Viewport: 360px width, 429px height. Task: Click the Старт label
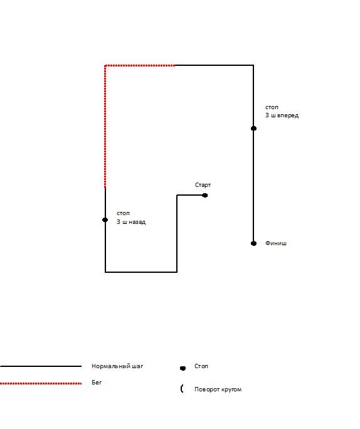coord(203,185)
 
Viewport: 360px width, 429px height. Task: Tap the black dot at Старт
coord(204,195)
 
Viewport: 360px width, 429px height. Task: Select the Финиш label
coord(276,243)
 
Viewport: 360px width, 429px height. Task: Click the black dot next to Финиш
coord(253,243)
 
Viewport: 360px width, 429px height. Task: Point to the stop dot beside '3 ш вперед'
coord(253,129)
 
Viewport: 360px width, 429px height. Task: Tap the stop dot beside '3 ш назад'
coord(105,220)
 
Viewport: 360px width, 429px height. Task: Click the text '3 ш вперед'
coord(282,115)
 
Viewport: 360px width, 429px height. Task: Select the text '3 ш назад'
coord(131,222)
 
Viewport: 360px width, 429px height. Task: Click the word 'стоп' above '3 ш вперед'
coord(272,107)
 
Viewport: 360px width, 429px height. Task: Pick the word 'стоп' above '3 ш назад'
coord(123,213)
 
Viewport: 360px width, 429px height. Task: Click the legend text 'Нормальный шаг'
coord(117,366)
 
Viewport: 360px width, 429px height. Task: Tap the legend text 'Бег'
coord(97,382)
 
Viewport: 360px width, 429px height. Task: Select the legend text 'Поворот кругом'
coord(218,389)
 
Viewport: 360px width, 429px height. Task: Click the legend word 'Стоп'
coord(201,366)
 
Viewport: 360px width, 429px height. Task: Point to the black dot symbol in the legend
coord(183,368)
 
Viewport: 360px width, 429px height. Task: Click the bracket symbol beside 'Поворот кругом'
coord(182,388)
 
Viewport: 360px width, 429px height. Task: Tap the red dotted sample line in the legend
coord(41,383)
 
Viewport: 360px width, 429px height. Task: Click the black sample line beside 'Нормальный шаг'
coord(41,366)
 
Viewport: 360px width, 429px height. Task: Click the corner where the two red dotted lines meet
coord(105,65)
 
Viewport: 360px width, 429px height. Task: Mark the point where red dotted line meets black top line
coord(175,65)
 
